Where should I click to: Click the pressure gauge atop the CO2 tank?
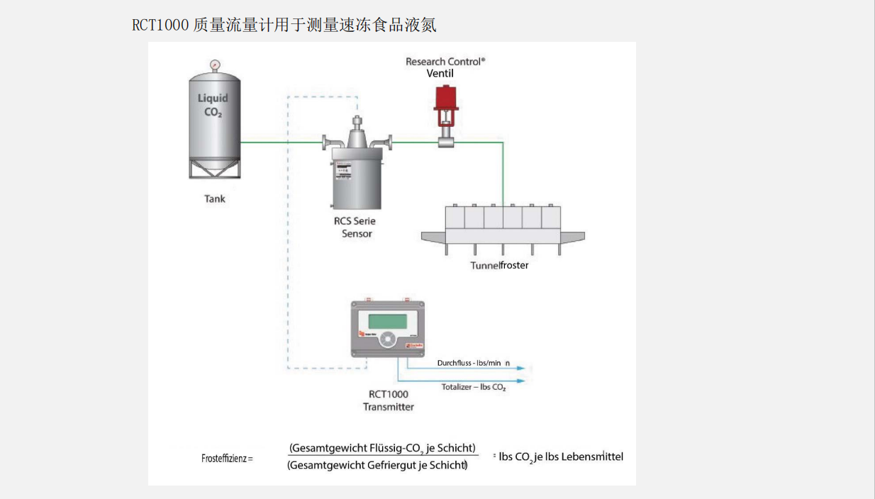(x=214, y=65)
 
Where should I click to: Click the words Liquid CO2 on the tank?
(x=213, y=105)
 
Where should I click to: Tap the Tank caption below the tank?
(x=215, y=199)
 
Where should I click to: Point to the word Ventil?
(x=440, y=74)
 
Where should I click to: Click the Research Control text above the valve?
(x=445, y=62)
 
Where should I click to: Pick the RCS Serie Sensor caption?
(x=356, y=228)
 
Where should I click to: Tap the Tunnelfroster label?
(x=499, y=266)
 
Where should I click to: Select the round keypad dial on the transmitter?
(x=387, y=340)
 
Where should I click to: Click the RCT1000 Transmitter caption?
(x=388, y=401)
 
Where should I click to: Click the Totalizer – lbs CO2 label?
(x=474, y=388)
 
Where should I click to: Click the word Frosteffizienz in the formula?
(x=224, y=459)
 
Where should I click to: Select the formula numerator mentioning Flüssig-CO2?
(x=382, y=448)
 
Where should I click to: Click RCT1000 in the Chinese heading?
(x=160, y=26)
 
